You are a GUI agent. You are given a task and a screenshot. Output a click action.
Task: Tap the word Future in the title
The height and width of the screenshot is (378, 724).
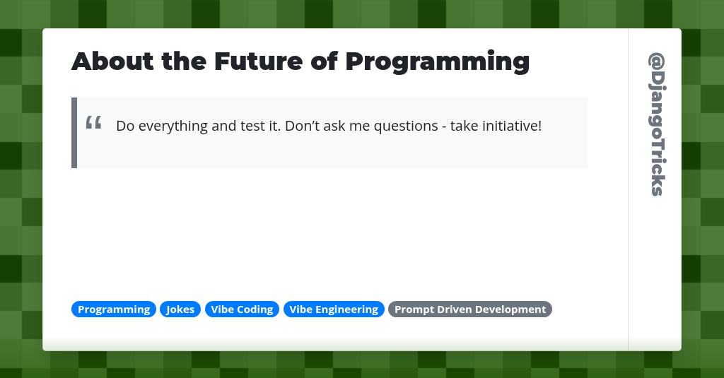[257, 61]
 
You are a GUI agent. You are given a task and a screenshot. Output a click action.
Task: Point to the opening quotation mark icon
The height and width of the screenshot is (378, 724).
[93, 123]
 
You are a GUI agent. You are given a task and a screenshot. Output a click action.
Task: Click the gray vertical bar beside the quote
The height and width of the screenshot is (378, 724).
[74, 133]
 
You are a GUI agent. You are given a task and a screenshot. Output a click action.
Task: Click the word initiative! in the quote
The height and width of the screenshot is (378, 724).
[510, 126]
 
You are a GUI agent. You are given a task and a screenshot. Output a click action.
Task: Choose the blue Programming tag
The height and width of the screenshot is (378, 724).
[114, 309]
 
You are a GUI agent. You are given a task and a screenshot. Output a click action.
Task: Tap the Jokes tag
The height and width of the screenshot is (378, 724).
[180, 309]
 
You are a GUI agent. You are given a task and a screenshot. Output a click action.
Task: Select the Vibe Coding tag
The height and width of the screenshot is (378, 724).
[242, 309]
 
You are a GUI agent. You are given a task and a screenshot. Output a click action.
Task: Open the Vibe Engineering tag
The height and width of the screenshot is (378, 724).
[334, 309]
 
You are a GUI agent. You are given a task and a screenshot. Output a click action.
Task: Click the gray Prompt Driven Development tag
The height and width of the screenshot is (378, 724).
[470, 309]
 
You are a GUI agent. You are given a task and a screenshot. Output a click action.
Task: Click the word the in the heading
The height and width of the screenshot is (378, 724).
[183, 61]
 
